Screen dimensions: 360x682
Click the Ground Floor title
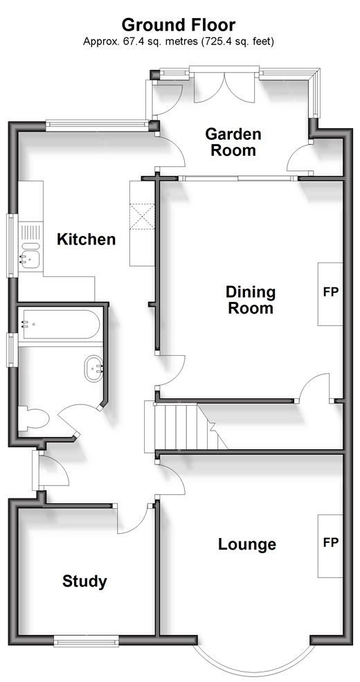click(x=179, y=25)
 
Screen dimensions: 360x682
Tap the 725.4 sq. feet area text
click(x=238, y=42)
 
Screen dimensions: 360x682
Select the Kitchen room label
click(x=87, y=240)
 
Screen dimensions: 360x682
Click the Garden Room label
click(x=233, y=142)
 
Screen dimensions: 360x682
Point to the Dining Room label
click(x=251, y=300)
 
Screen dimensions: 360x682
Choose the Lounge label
click(x=247, y=544)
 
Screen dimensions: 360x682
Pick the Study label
click(x=84, y=582)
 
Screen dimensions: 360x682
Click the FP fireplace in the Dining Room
click(x=330, y=294)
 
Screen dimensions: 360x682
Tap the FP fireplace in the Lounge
click(x=330, y=546)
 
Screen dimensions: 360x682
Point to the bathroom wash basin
click(x=93, y=369)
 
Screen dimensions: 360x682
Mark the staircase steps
click(x=186, y=427)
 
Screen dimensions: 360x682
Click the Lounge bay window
click(x=253, y=661)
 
